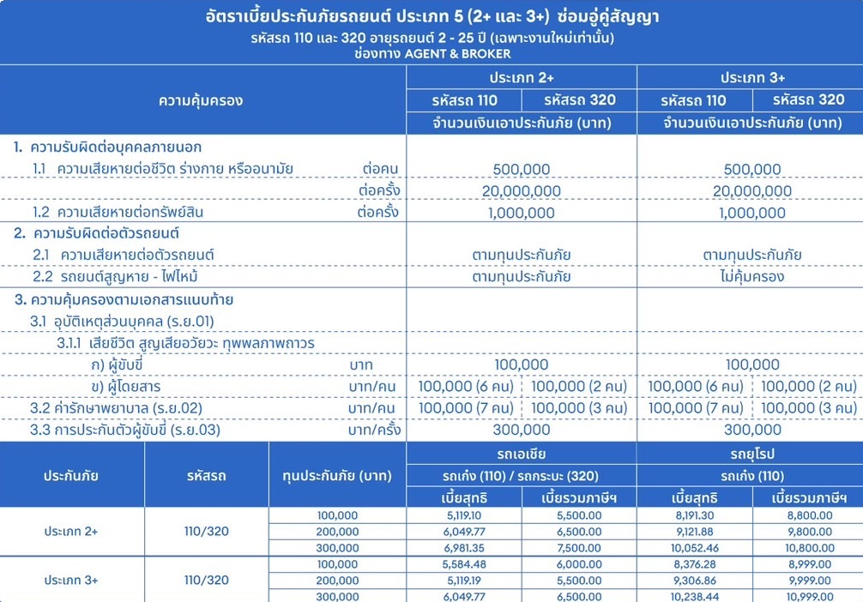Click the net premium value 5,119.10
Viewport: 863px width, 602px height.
[x=464, y=515]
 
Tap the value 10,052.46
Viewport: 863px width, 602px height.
[x=695, y=548]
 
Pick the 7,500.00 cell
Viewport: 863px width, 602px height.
[x=579, y=548]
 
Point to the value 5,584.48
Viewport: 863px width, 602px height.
[x=464, y=563]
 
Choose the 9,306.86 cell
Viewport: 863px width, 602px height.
[x=695, y=580]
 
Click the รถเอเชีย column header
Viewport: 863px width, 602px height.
[x=522, y=454]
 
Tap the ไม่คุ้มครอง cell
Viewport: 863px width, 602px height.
[x=751, y=277]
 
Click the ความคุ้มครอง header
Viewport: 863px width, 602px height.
[x=202, y=99]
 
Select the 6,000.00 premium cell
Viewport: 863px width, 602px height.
[x=579, y=563]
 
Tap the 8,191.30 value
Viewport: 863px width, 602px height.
[x=695, y=515]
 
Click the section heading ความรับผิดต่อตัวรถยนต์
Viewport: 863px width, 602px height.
[x=108, y=233]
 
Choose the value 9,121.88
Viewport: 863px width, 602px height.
[x=695, y=532]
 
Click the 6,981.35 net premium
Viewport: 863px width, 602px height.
[x=464, y=548]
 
